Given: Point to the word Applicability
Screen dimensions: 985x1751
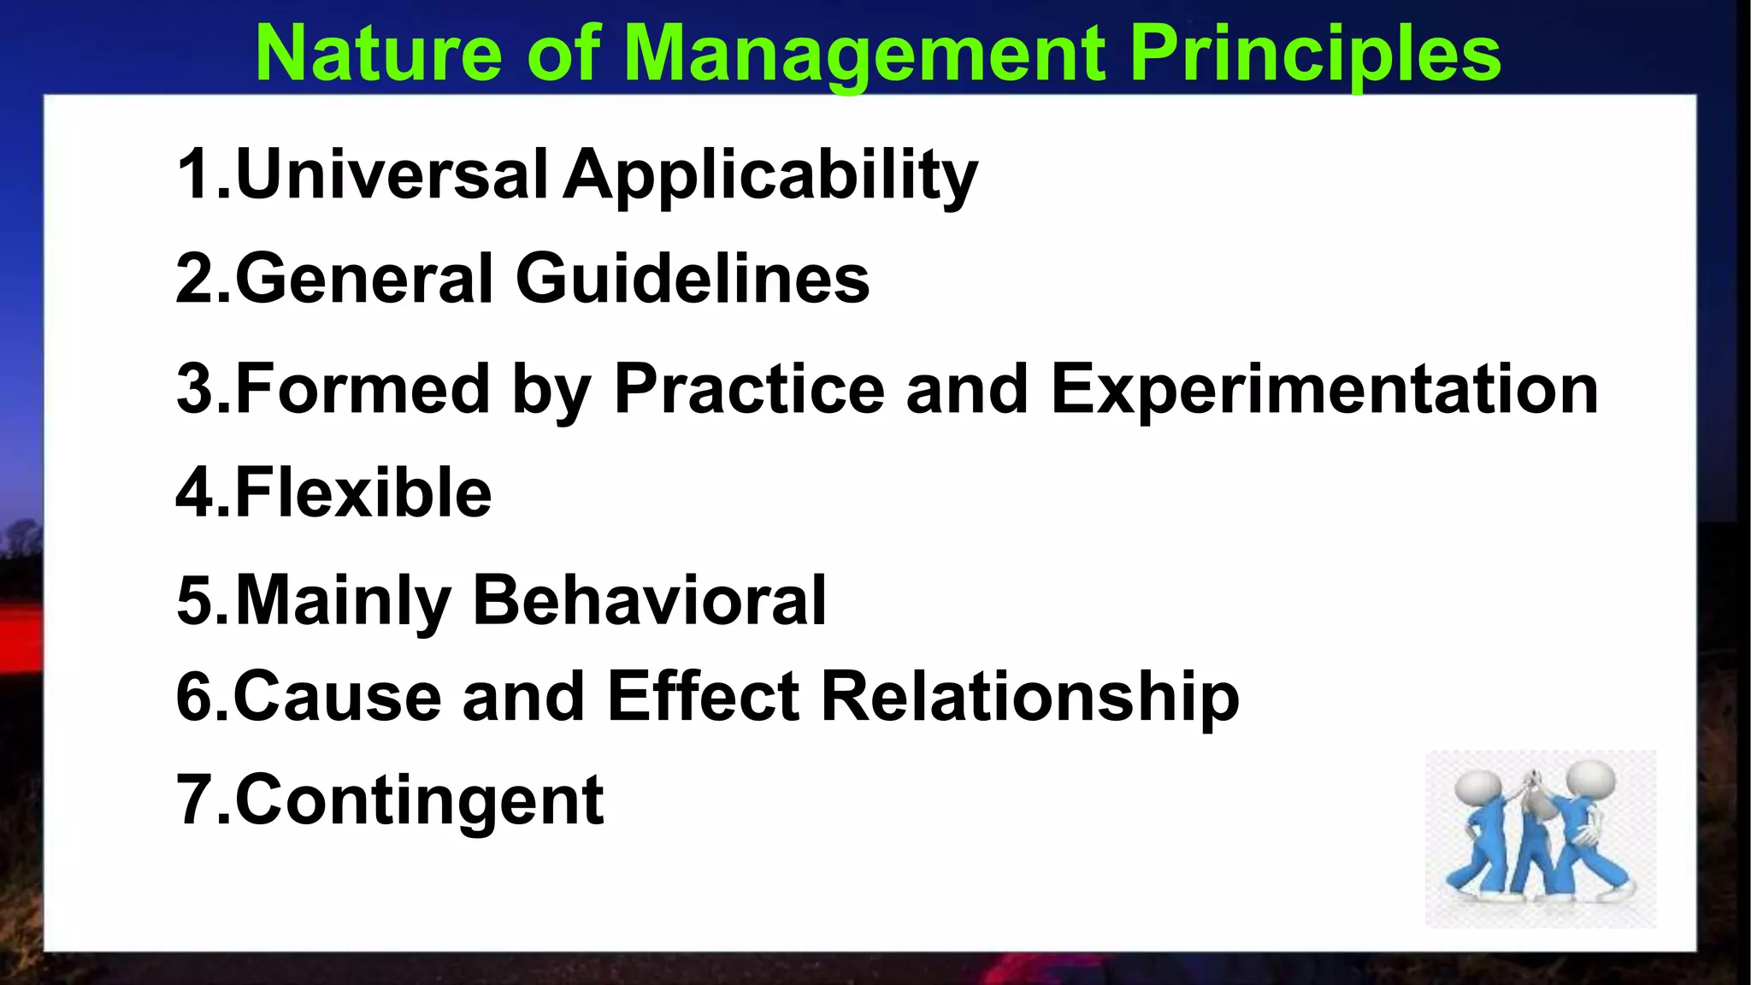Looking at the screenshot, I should pos(769,176).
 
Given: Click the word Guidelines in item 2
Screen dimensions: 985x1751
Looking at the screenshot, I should pos(693,279).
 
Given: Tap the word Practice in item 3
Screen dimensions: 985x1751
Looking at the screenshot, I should pos(749,389).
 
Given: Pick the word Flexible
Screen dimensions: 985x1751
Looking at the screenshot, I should pos(363,493).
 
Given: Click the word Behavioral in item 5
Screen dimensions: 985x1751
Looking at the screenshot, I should pos(650,600).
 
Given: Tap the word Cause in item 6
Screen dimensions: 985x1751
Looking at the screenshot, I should pos(337,696).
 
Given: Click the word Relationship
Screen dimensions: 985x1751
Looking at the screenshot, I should pos(1029,698).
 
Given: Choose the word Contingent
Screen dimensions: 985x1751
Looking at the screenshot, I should pos(419,800).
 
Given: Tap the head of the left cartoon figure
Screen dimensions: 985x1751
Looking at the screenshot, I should pos(1478,787).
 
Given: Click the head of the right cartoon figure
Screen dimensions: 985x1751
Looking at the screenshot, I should pos(1592,780).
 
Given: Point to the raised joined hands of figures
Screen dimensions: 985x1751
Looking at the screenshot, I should pos(1535,782).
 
